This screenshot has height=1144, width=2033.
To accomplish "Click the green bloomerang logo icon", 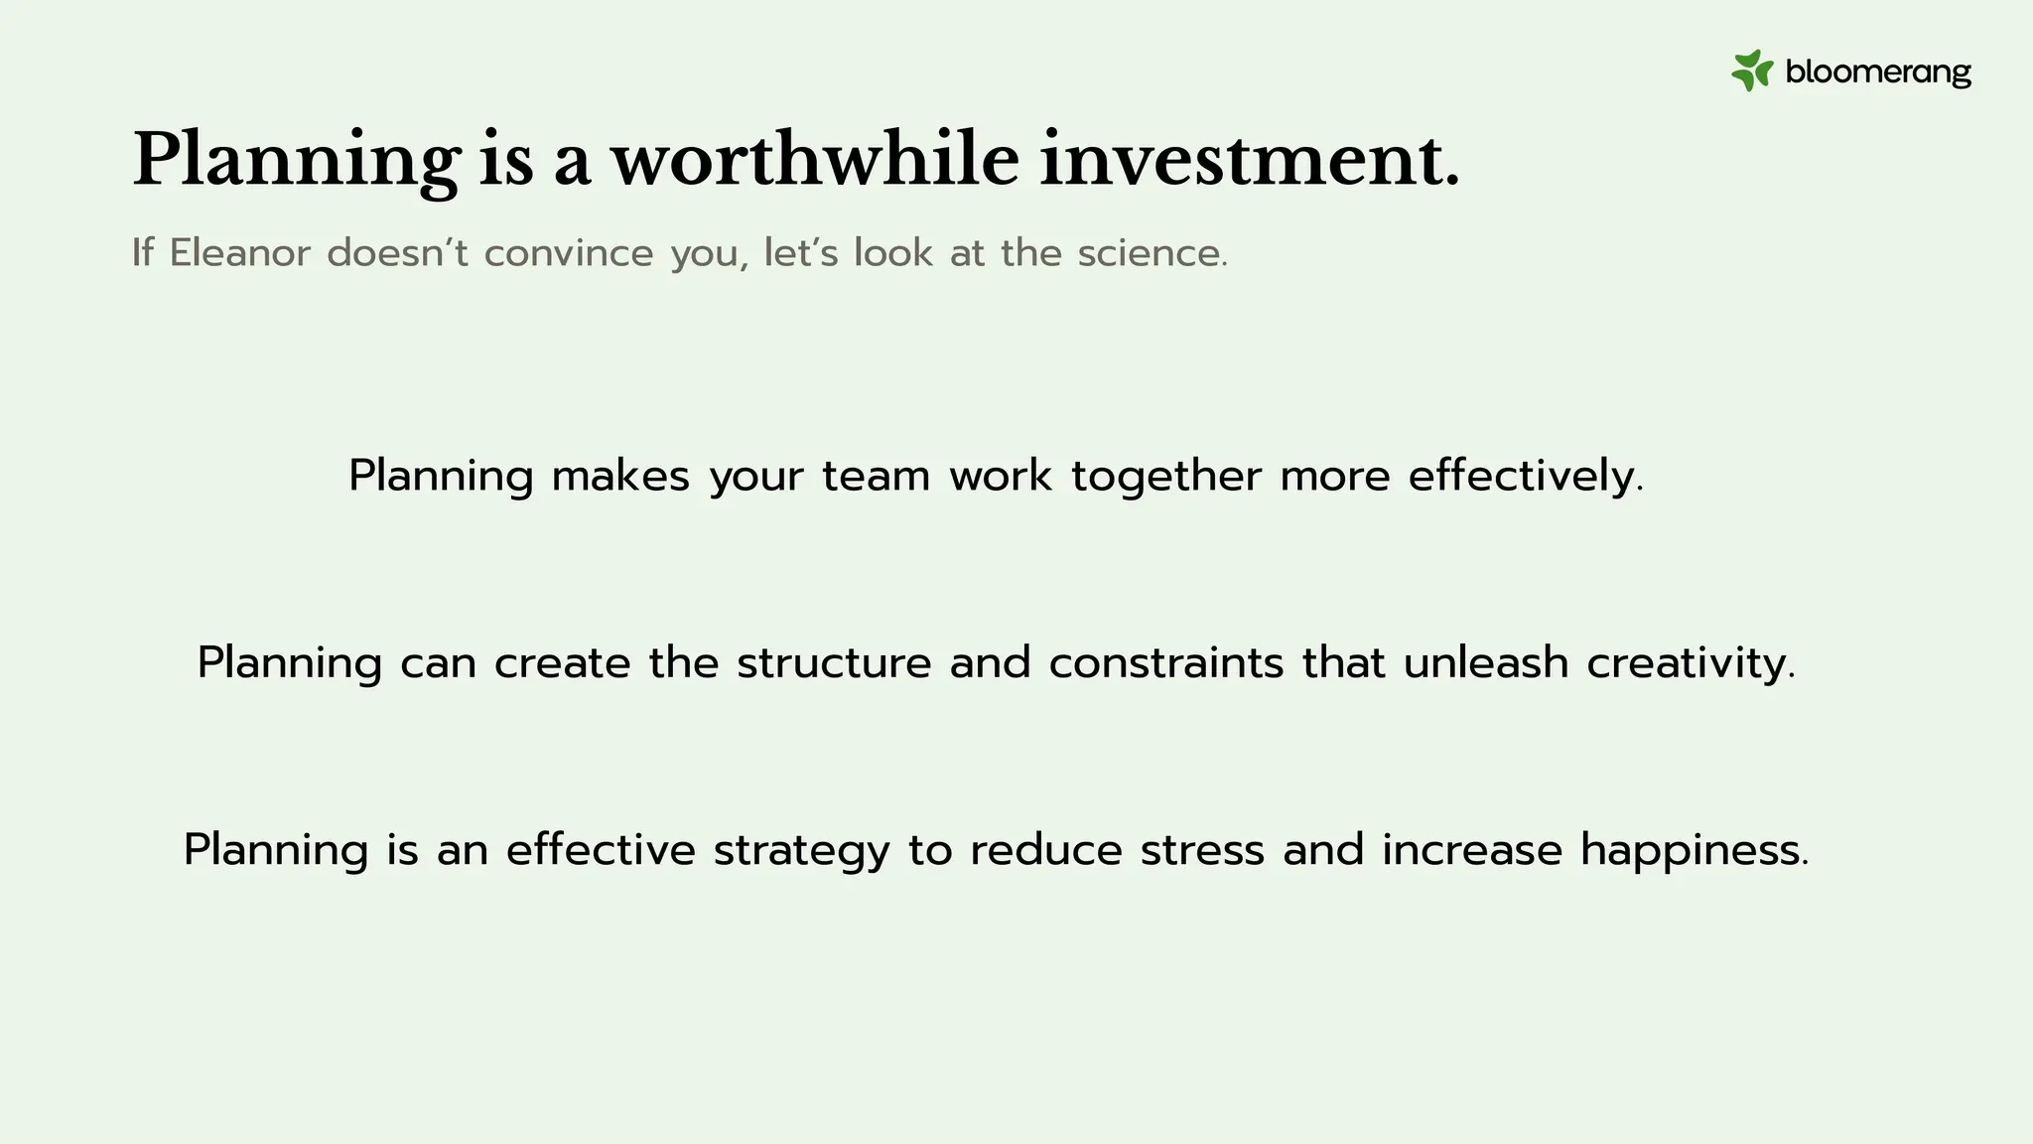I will [1752, 71].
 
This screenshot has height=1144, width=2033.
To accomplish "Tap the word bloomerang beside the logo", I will [1878, 72].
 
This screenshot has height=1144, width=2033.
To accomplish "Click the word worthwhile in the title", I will [815, 159].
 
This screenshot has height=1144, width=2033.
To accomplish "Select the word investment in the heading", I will [1249, 159].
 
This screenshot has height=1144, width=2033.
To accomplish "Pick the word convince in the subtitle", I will [569, 253].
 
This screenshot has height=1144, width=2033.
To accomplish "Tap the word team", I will [876, 476].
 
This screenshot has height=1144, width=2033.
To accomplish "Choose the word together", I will [1166, 477].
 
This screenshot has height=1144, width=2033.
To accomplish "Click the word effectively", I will [1526, 476].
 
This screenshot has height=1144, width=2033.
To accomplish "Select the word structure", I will [834, 662].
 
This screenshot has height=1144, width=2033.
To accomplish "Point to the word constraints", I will [1166, 662].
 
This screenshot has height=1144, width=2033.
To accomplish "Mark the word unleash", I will [1485, 662].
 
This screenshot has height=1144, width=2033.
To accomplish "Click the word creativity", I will [1691, 663].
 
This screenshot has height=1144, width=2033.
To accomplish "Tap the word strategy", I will [801, 851].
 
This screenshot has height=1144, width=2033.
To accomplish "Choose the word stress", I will [1202, 850].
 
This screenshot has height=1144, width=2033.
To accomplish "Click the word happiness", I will [1694, 851].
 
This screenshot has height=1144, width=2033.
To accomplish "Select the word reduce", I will [1045, 850].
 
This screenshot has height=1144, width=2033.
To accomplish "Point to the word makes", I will [620, 476].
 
